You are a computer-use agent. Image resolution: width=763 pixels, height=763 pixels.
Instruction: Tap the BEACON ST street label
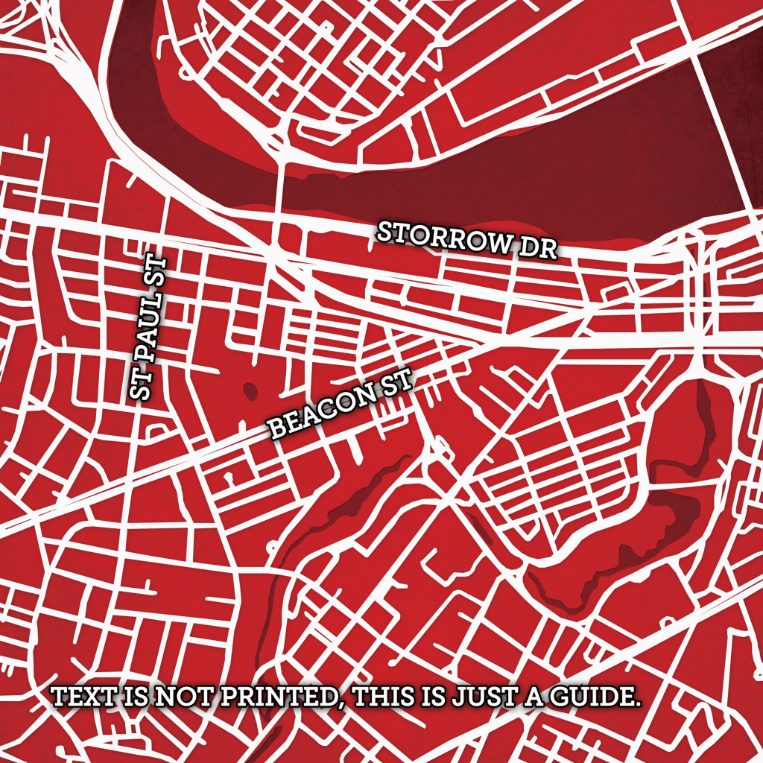click(x=339, y=406)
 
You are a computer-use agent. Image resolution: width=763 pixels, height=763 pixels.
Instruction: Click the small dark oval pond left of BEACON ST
click(x=249, y=389)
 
